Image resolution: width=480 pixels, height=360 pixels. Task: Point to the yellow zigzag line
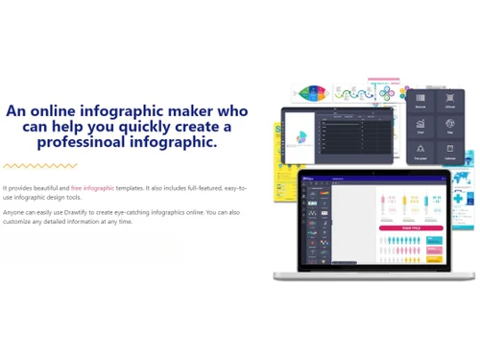tap(39, 166)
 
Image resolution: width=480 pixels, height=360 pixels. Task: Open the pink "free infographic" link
tap(92, 188)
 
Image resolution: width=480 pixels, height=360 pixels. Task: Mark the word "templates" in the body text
tap(132, 188)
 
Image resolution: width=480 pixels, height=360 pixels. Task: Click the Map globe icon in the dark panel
tap(450, 126)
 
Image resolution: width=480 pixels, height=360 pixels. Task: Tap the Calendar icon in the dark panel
tap(450, 151)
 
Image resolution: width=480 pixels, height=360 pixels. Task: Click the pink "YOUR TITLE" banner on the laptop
tap(411, 228)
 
